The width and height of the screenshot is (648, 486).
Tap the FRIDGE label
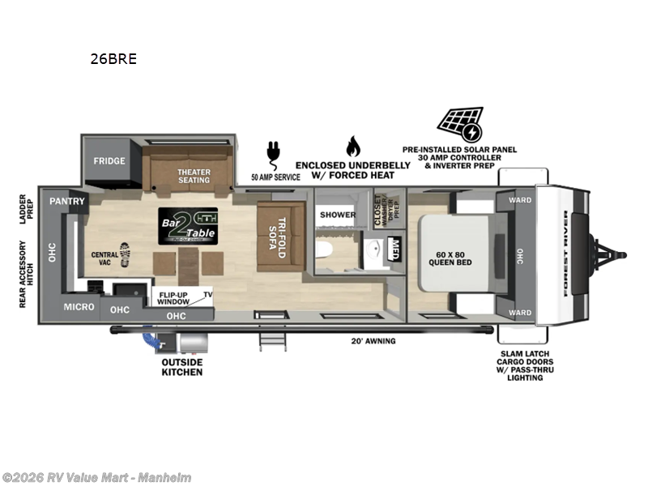point(109,160)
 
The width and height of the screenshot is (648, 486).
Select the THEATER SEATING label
point(194,174)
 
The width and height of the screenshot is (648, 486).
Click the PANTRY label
point(62,201)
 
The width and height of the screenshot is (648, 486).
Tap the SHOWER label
point(338,215)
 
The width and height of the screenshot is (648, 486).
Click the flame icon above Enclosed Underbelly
point(352,147)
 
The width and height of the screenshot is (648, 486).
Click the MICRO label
point(79,307)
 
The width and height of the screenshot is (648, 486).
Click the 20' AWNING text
point(375,341)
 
